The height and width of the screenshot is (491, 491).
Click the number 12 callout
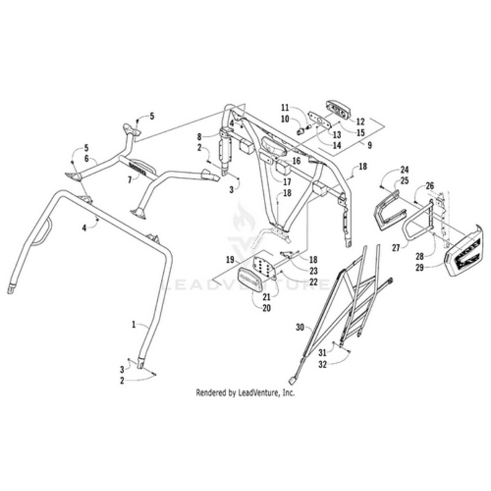pyautogui.click(x=360, y=121)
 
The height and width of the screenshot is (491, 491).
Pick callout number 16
pyautogui.click(x=296, y=160)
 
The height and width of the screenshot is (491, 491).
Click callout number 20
pyautogui.click(x=266, y=308)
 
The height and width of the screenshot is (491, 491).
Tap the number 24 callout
pyautogui.click(x=404, y=169)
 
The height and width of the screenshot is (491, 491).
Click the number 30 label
pyautogui.click(x=299, y=327)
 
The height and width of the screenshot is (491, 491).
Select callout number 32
pyautogui.click(x=323, y=363)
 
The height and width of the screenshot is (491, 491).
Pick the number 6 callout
pyautogui.click(x=87, y=158)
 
